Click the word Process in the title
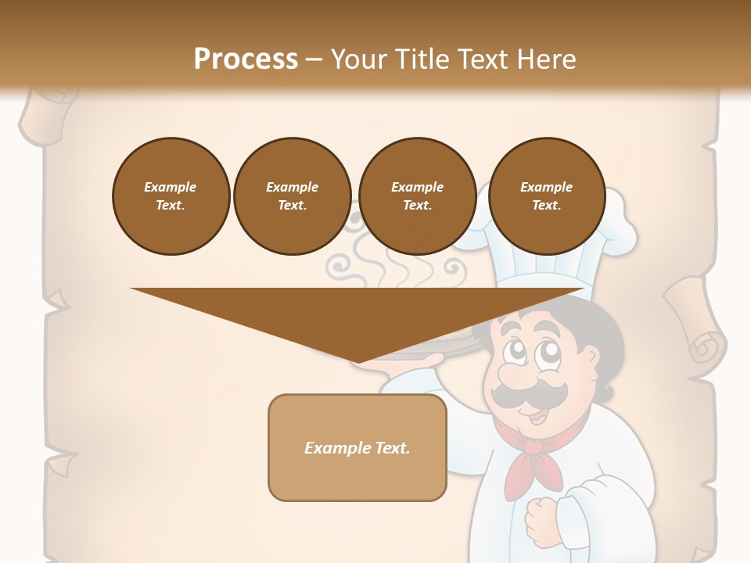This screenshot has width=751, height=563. tap(246, 59)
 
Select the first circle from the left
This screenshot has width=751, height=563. tap(171, 195)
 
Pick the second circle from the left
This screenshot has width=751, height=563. tap(292, 195)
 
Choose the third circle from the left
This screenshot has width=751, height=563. tap(417, 195)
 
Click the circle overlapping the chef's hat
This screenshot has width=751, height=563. tap(546, 195)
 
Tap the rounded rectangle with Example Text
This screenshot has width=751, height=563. tap(357, 447)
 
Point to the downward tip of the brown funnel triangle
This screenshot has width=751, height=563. tap(358, 360)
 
